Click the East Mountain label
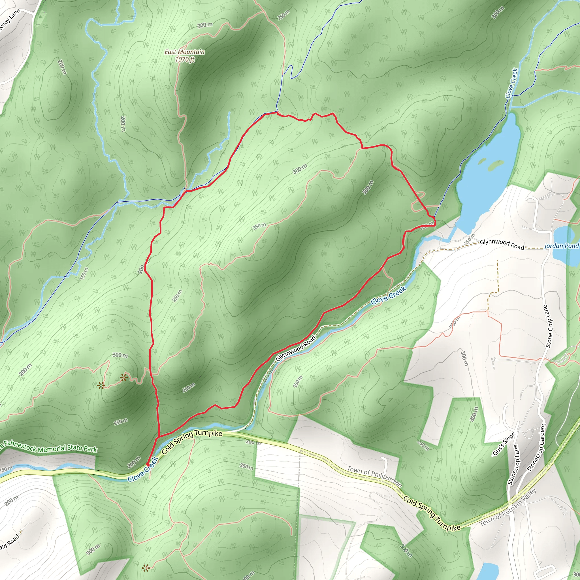pos(185,52)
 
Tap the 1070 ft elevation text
pos(185,59)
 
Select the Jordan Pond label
pos(561,246)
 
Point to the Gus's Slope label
pos(504,444)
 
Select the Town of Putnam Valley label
pos(507,507)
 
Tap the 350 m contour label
pos(259,226)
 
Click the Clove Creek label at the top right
pos(511,84)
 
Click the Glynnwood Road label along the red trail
pos(296,348)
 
